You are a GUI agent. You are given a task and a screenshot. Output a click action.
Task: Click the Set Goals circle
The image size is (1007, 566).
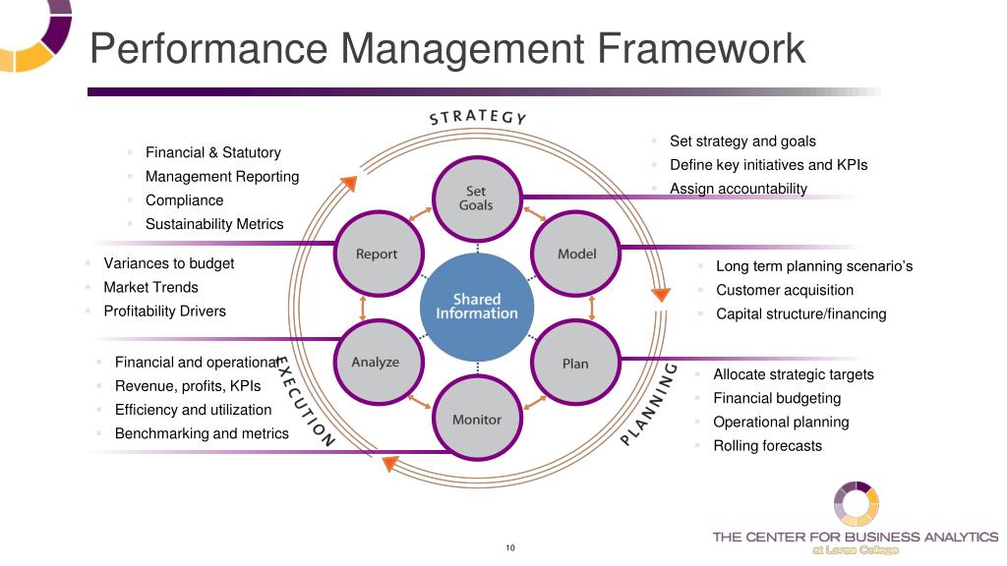click(x=476, y=198)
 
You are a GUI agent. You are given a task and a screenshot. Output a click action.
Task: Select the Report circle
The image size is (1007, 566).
click(x=377, y=255)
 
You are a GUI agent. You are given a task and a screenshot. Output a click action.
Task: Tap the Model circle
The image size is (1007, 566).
click(x=576, y=254)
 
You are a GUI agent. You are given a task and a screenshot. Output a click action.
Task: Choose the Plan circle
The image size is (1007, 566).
click(x=575, y=364)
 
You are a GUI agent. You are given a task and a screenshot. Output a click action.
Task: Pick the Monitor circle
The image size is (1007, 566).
click(x=477, y=420)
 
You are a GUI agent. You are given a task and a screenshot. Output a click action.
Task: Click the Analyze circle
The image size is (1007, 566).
click(x=376, y=362)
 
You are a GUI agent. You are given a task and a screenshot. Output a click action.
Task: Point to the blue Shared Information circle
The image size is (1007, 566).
click(x=477, y=307)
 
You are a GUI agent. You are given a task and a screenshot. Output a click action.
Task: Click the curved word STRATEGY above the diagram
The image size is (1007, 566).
click(x=479, y=116)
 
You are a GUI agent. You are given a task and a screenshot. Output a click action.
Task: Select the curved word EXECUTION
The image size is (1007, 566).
click(x=304, y=401)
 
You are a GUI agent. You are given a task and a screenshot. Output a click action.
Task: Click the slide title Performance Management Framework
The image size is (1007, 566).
click(x=447, y=48)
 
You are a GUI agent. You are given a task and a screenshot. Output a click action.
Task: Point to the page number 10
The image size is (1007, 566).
click(x=510, y=548)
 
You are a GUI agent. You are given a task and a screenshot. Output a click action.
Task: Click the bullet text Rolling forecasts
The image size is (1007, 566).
click(x=767, y=446)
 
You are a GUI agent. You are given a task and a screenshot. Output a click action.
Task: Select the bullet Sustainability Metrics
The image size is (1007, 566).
click(x=214, y=224)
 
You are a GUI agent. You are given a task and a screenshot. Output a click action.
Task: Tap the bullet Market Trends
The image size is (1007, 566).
click(x=150, y=288)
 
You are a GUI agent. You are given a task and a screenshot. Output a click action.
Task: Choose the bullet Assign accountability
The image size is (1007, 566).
click(x=738, y=189)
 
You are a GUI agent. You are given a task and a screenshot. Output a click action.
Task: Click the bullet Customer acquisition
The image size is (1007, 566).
click(x=785, y=290)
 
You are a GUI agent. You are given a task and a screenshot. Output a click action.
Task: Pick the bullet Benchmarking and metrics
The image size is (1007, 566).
click(x=202, y=433)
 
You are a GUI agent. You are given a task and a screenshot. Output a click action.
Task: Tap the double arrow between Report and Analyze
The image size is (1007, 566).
click(x=363, y=309)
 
